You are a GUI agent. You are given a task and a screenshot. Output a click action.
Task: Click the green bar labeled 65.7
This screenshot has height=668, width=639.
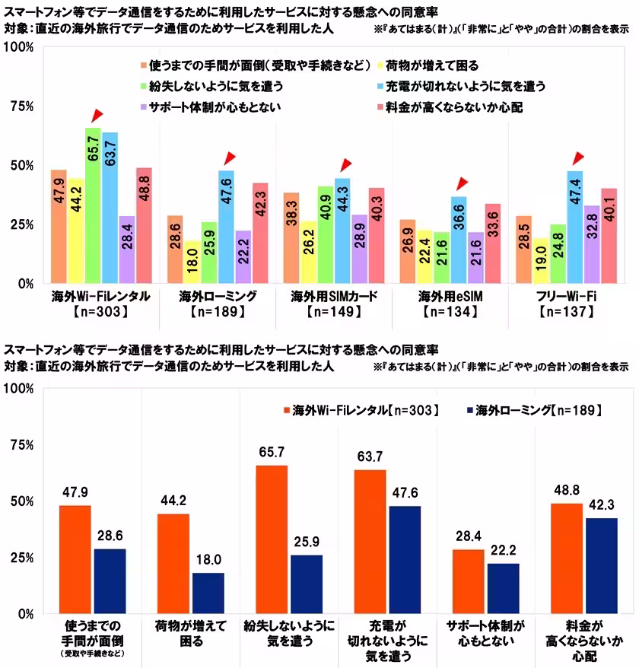[93, 205]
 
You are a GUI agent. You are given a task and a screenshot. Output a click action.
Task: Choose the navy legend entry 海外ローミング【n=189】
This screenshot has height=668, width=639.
[532, 410]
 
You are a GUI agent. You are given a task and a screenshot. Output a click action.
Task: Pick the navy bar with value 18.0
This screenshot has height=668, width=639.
[208, 593]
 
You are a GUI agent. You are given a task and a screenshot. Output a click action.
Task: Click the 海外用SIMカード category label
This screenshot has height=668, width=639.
[335, 295]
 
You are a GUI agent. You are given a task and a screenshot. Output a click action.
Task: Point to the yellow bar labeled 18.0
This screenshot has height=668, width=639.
[192, 262]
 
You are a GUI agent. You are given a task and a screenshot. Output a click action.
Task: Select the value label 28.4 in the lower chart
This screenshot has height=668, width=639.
[469, 537]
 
